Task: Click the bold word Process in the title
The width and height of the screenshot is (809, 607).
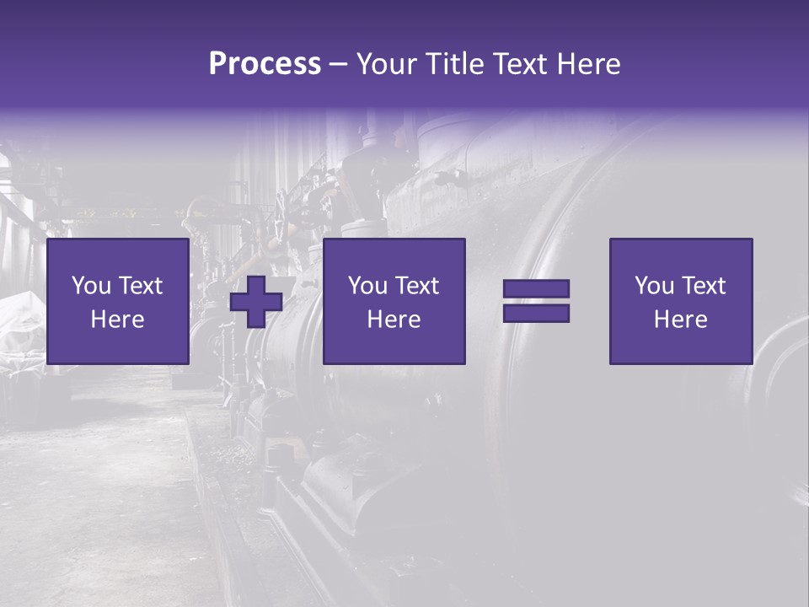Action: pyautogui.click(x=265, y=64)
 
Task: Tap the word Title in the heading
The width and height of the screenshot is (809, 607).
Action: pyautogui.click(x=453, y=64)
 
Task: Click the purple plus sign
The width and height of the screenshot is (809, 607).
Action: pyautogui.click(x=256, y=302)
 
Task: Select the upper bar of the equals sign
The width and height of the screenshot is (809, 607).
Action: pyautogui.click(x=536, y=289)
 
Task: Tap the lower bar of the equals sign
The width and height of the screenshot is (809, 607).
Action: pyautogui.click(x=536, y=314)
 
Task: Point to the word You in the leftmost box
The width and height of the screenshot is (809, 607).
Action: pyautogui.click(x=90, y=286)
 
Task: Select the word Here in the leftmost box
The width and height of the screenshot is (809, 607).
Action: pyautogui.click(x=118, y=320)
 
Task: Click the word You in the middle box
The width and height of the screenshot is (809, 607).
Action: pyautogui.click(x=367, y=286)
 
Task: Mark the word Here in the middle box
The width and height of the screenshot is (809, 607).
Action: pyautogui.click(x=394, y=320)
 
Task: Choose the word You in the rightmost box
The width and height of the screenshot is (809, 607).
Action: pyautogui.click(x=653, y=286)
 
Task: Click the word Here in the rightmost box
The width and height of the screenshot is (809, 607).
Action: pyautogui.click(x=681, y=320)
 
